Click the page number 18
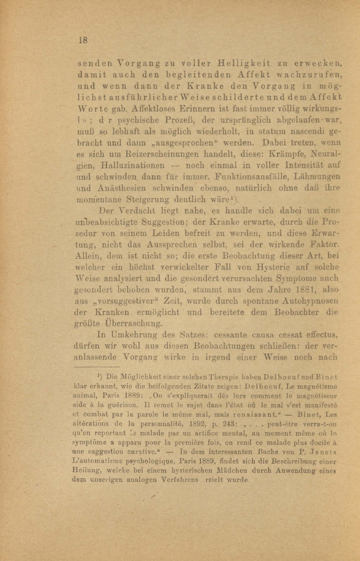[x=83, y=40]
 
